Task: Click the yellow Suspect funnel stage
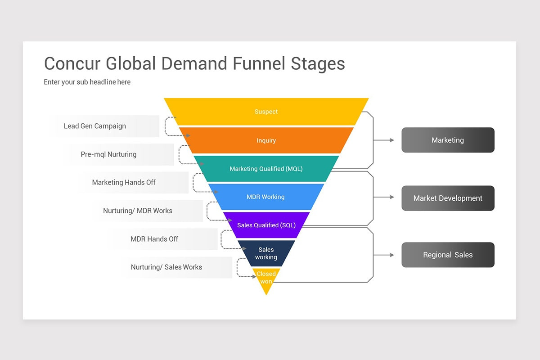[266, 112]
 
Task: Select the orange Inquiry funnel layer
[266, 140]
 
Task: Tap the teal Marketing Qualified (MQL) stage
[266, 169]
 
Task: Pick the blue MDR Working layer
[265, 197]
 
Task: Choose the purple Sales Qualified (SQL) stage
[266, 225]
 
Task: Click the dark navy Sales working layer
[266, 253]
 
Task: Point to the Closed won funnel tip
[266, 278]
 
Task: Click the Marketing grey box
[448, 140]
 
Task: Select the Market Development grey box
[448, 198]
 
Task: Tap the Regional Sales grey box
[448, 255]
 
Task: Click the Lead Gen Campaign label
[95, 126]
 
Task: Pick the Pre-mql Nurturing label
[108, 154]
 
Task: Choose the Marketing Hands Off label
[124, 182]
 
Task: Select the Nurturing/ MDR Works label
[138, 211]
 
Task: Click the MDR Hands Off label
[154, 239]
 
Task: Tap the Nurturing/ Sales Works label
[166, 267]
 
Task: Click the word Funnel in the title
[258, 63]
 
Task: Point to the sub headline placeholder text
[87, 82]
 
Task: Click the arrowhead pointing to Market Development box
[392, 197]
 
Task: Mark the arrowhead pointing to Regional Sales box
[392, 255]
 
